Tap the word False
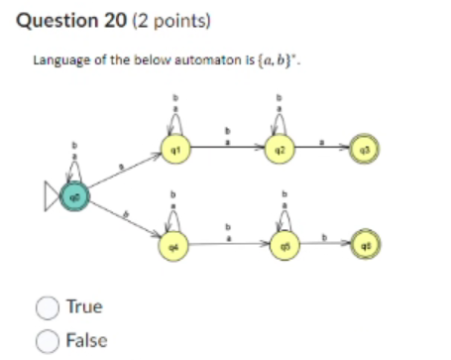coord(86,340)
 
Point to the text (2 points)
coord(163,20)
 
